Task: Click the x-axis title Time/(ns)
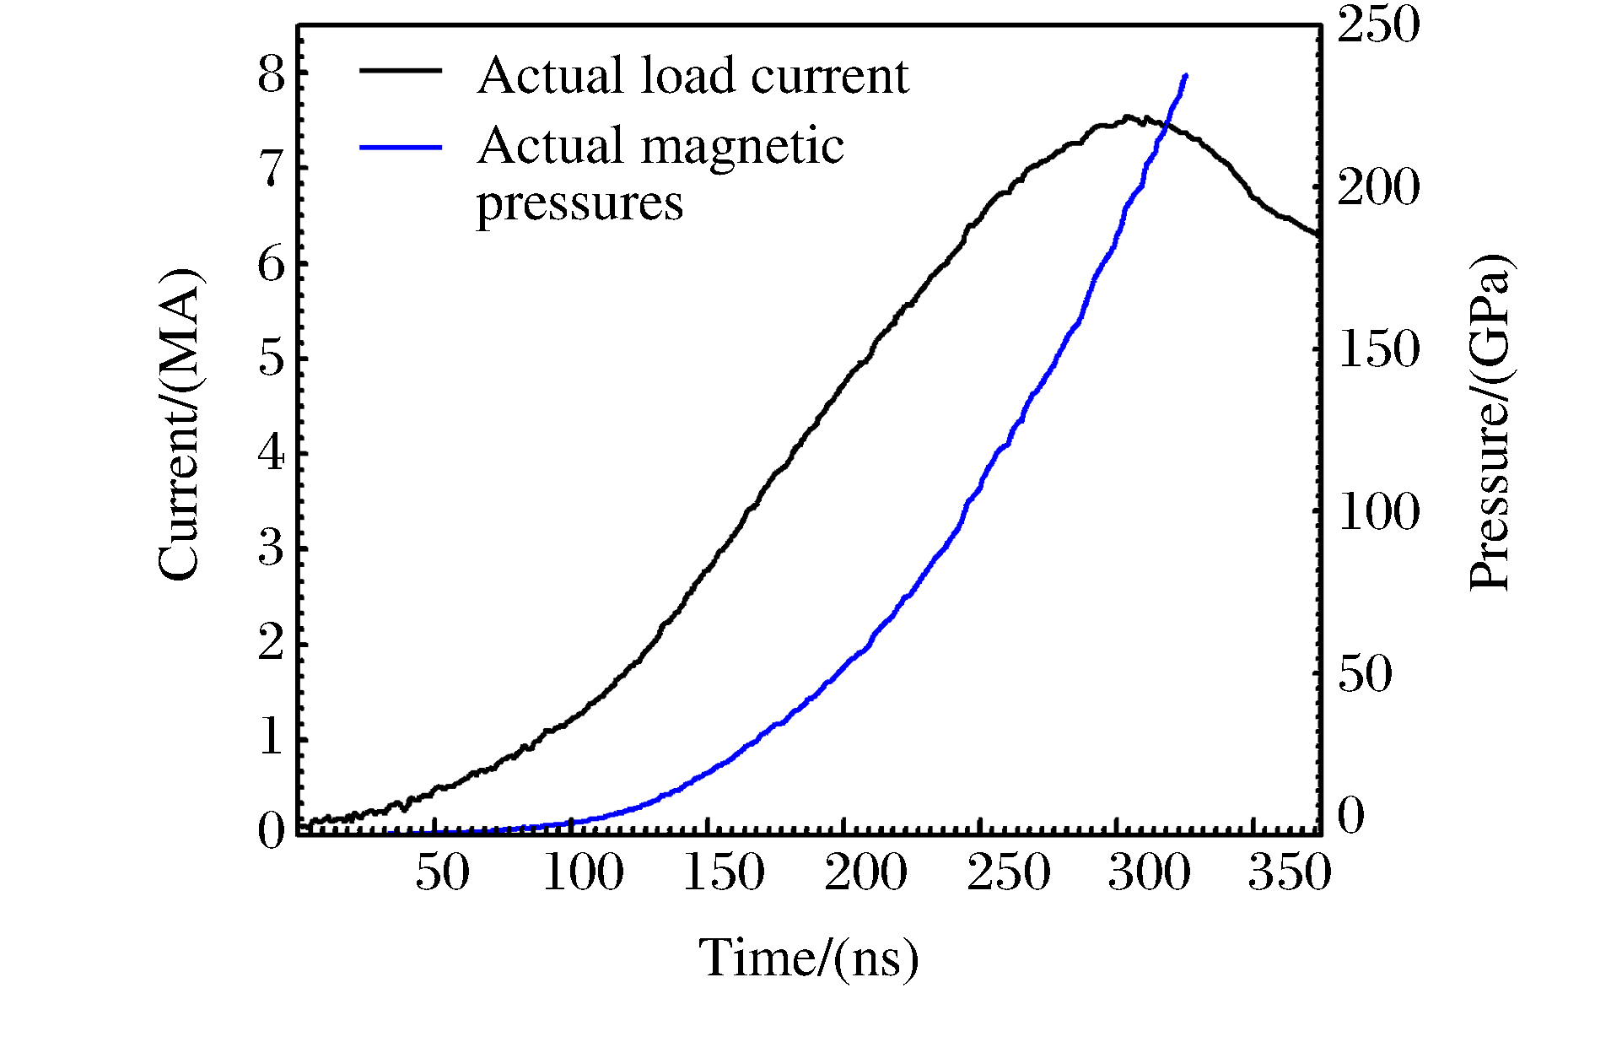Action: pyautogui.click(x=808, y=958)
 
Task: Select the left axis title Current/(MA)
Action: pyautogui.click(x=179, y=424)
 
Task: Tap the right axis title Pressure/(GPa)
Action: pyautogui.click(x=1490, y=422)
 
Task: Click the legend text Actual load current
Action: pyautogui.click(x=692, y=75)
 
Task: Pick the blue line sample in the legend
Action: pyautogui.click(x=401, y=147)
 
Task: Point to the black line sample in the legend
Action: pyautogui.click(x=401, y=71)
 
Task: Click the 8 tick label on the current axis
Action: pyautogui.click(x=272, y=74)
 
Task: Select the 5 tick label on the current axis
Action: pyautogui.click(x=272, y=359)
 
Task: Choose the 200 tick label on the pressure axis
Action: pyautogui.click(x=1378, y=186)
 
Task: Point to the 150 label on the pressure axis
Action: pyautogui.click(x=1378, y=348)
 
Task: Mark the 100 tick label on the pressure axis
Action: pyautogui.click(x=1378, y=511)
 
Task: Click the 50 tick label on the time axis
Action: pyautogui.click(x=442, y=872)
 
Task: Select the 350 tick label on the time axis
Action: pyautogui.click(x=1289, y=872)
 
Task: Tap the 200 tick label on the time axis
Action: pyautogui.click(x=865, y=872)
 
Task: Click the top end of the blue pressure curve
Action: pyautogui.click(x=1186, y=76)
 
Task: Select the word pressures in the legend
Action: pyautogui.click(x=579, y=203)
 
